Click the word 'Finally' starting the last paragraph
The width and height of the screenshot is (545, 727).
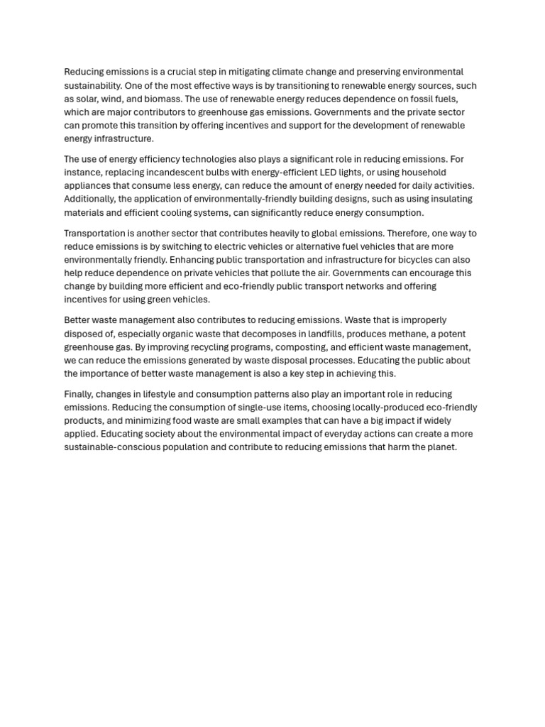(78, 394)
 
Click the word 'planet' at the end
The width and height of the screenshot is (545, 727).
(441, 447)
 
